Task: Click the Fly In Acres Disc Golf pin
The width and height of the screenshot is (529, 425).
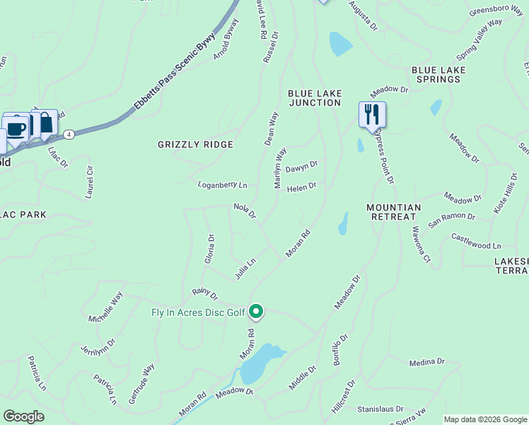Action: pos(256,311)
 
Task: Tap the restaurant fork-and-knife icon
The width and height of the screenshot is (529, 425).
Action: pos(372,114)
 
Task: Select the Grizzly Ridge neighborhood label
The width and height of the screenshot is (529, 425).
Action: pos(195,144)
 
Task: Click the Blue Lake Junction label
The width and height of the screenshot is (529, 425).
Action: pos(315,98)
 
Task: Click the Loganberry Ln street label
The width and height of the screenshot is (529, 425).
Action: pos(222,185)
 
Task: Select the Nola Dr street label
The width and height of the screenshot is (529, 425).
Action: pos(245,210)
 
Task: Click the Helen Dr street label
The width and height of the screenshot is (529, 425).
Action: pos(301,187)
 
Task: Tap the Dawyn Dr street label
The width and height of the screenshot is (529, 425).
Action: pos(302,167)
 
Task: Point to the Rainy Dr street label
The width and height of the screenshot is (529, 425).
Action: pos(204,293)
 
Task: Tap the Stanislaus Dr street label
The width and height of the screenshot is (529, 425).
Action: pos(380,409)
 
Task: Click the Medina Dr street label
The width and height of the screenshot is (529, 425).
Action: pos(426,362)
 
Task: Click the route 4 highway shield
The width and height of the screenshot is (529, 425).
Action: pos(69,133)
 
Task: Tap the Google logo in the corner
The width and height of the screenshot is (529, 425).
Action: pos(23,416)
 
